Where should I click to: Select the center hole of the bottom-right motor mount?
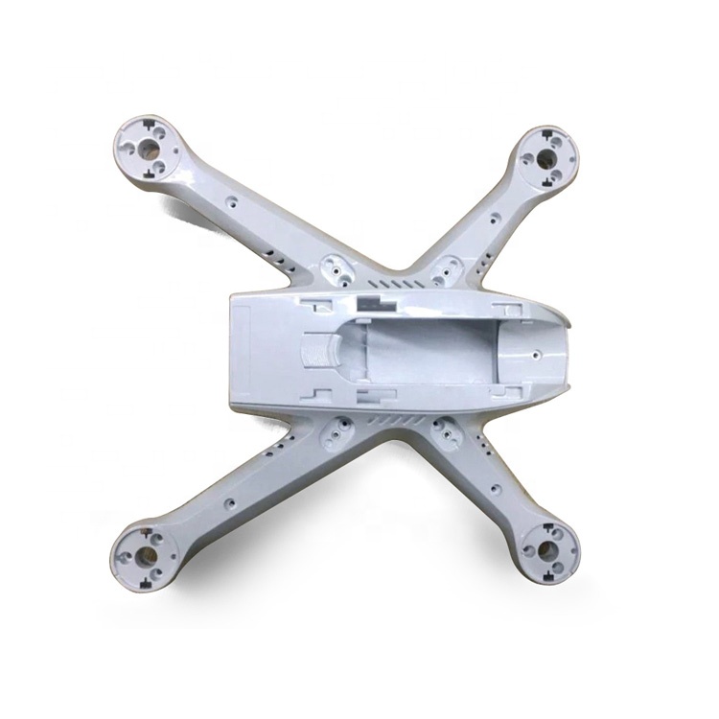[x=549, y=549]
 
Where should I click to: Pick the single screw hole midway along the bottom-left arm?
[x=230, y=501]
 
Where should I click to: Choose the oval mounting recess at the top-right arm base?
[x=442, y=272]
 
